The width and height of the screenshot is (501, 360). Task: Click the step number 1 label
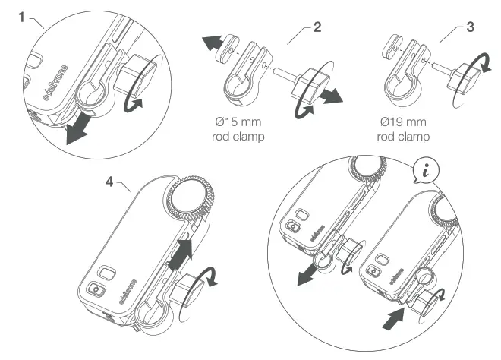[24, 16]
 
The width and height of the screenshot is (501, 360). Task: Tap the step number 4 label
[112, 183]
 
